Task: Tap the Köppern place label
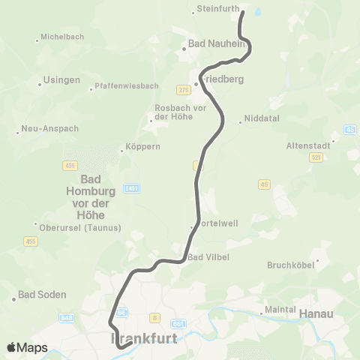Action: (x=144, y=147)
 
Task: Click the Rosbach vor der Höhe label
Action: (x=179, y=112)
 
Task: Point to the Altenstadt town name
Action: (x=310, y=146)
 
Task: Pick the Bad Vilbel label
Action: (x=208, y=257)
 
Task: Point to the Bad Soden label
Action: (x=42, y=295)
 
